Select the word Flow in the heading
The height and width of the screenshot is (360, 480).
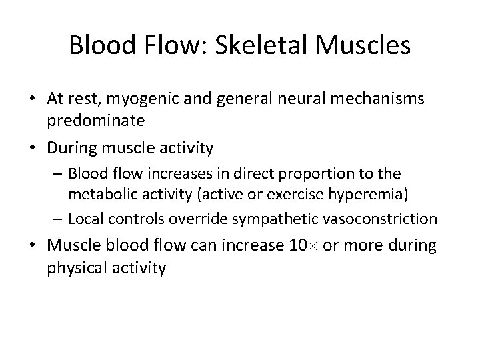tap(163, 46)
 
